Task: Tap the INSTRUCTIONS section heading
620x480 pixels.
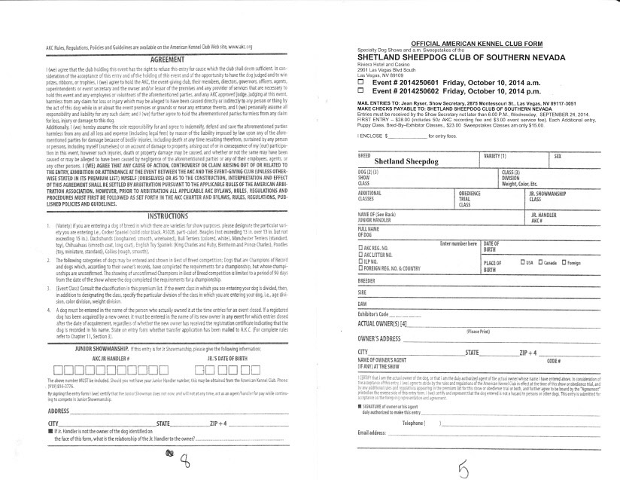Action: point(169,216)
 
